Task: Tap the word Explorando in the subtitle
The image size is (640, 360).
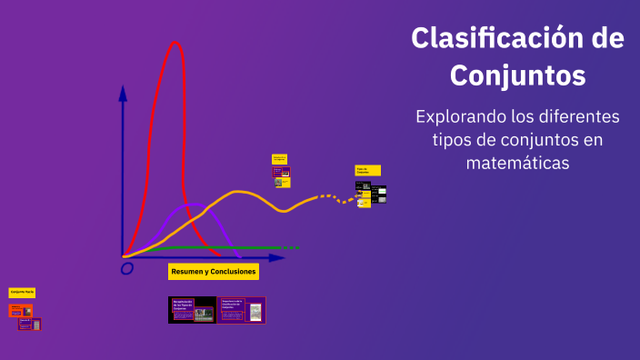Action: pyautogui.click(x=458, y=117)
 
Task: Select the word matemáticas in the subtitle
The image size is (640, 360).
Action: pyautogui.click(x=517, y=163)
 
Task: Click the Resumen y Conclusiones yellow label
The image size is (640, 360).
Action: pyautogui.click(x=214, y=272)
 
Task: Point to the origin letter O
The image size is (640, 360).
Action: pyautogui.click(x=127, y=268)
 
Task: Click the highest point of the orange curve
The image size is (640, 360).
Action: pyautogui.click(x=239, y=192)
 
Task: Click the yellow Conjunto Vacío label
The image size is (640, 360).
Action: pyautogui.click(x=22, y=292)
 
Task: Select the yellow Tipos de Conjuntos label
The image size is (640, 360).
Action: pyautogui.click(x=367, y=170)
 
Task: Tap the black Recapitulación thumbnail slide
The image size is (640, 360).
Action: pyautogui.click(x=192, y=310)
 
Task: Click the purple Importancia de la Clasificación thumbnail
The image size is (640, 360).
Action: pyautogui.click(x=241, y=310)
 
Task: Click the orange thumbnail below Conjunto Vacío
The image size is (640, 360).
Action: pyautogui.click(x=20, y=311)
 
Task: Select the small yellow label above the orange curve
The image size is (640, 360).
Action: pyautogui.click(x=279, y=159)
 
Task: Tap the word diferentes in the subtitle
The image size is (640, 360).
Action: pyautogui.click(x=575, y=117)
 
